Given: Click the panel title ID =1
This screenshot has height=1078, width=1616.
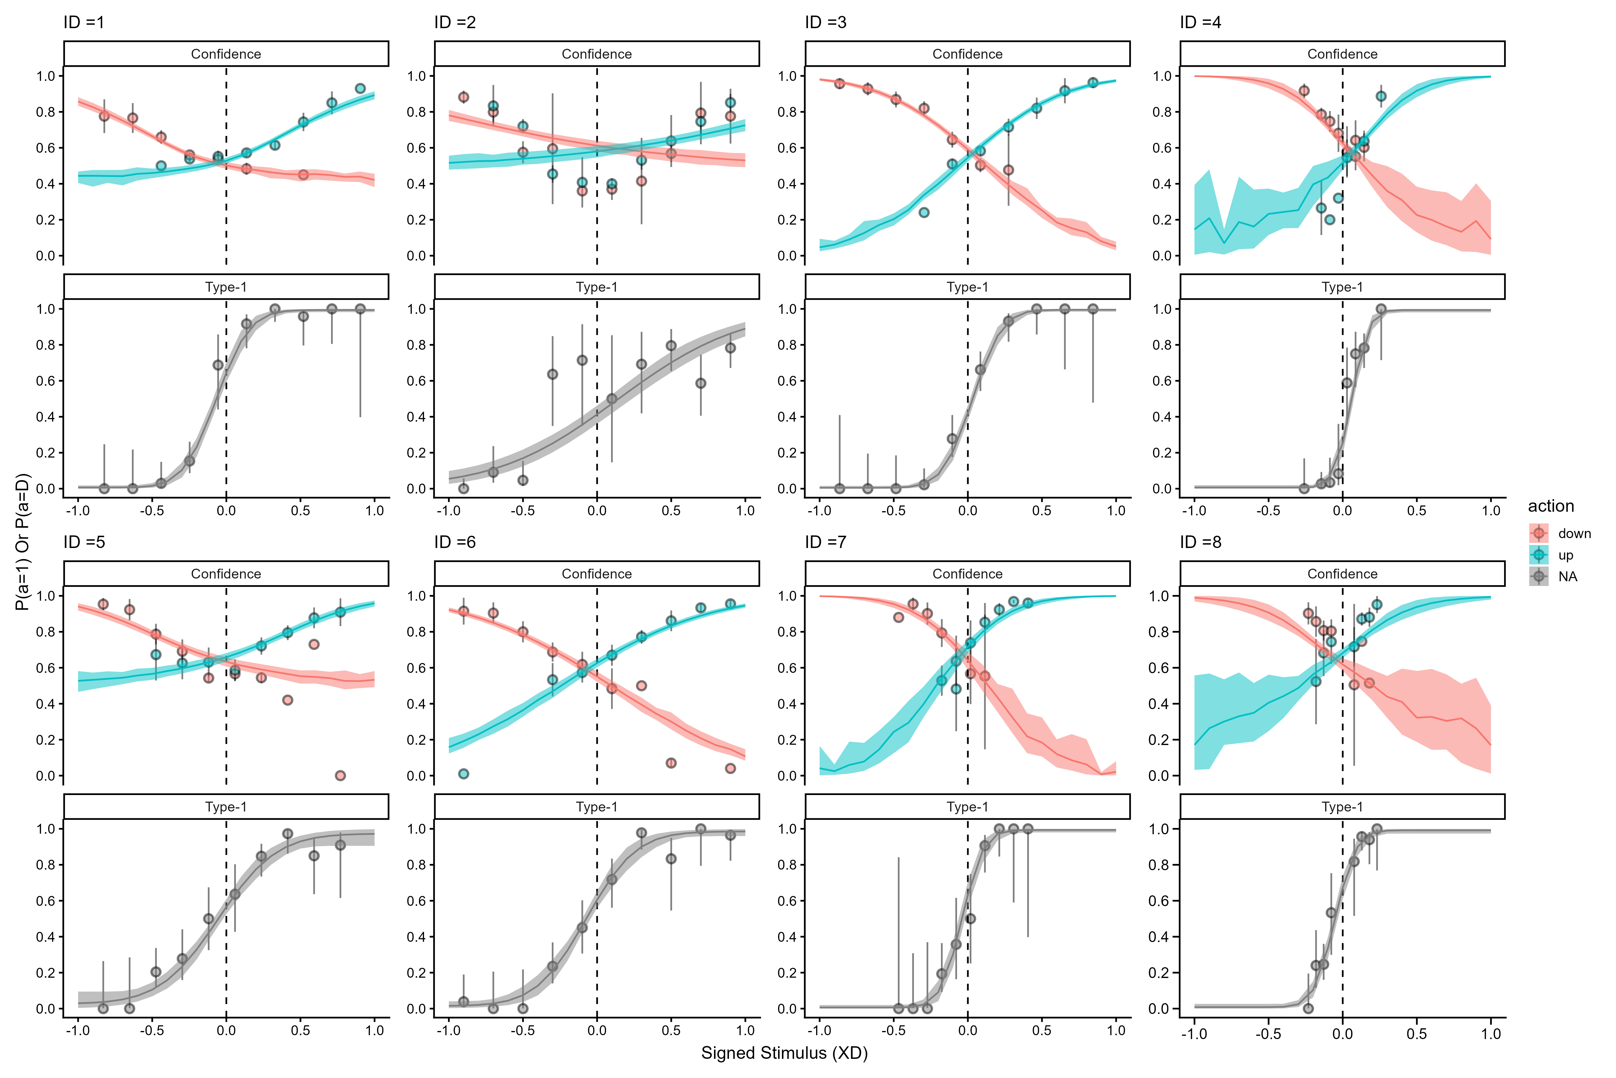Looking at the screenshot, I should [84, 23].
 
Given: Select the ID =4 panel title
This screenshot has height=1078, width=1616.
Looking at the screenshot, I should [1200, 23].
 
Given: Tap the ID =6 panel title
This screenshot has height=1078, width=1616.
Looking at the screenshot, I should [455, 542].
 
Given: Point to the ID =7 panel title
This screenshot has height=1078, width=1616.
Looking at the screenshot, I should [826, 542].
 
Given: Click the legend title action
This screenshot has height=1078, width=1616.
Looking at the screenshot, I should [1551, 507].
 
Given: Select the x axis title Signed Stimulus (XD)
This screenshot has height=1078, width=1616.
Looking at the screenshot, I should [784, 1053].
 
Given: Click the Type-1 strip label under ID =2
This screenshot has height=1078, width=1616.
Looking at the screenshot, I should [596, 287].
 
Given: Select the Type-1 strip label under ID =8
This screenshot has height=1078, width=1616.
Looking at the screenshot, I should [1342, 807].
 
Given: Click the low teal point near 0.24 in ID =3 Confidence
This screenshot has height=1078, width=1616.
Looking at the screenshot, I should [924, 212].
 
